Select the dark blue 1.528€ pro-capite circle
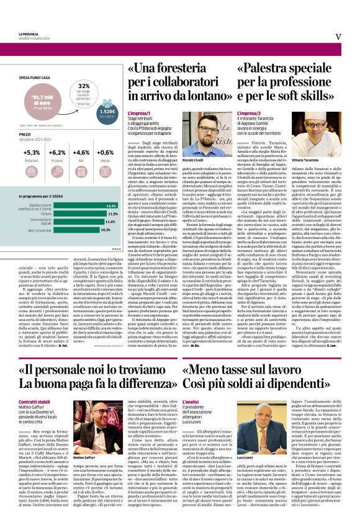tap(107, 113)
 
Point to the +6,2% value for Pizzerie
tap(56, 152)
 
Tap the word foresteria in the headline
tap(175, 68)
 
